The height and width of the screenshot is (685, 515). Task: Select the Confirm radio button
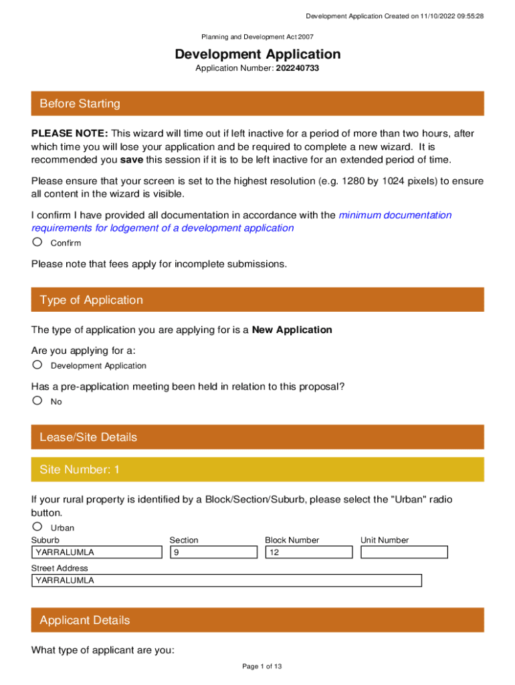tap(37, 242)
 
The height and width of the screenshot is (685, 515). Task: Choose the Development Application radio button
tap(37, 365)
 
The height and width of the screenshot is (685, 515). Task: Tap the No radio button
tap(37, 401)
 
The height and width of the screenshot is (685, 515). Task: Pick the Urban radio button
tap(37, 527)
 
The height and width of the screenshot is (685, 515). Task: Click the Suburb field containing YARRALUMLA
tap(97, 553)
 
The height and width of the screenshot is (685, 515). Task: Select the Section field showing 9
tap(213, 553)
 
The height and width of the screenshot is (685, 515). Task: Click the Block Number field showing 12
tap(308, 553)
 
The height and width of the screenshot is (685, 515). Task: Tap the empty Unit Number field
tap(404, 553)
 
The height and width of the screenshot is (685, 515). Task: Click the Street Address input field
tap(226, 581)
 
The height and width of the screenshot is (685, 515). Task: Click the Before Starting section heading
tap(80, 104)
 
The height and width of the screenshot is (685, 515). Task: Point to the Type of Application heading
tap(91, 300)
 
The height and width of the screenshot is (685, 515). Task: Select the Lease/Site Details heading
tap(88, 437)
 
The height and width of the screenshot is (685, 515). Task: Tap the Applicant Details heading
tap(85, 620)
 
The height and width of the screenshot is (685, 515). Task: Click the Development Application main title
tap(257, 54)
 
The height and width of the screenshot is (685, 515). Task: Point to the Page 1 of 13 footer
tap(257, 666)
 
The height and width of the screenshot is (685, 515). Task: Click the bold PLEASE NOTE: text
tap(70, 134)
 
